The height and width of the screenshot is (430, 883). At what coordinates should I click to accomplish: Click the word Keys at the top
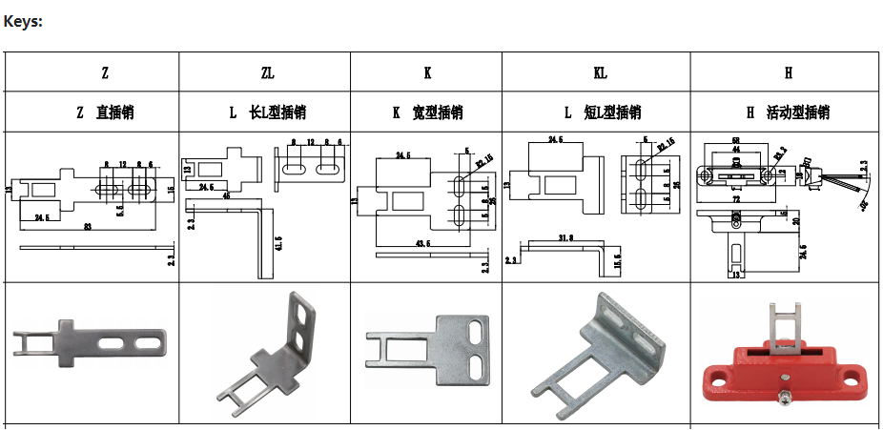click(23, 21)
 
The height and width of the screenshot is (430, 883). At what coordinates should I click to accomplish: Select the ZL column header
click(267, 72)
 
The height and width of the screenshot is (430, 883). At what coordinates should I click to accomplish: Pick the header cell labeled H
click(789, 72)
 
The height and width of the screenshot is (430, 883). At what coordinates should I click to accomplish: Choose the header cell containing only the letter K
click(427, 72)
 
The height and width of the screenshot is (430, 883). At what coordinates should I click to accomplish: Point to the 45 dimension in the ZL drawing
click(227, 195)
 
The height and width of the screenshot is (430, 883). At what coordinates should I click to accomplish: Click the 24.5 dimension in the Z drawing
click(41, 217)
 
